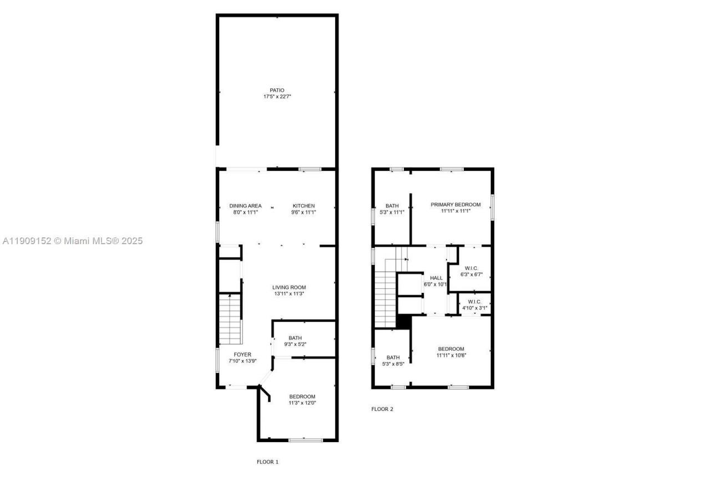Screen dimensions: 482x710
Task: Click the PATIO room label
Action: [x=277, y=90]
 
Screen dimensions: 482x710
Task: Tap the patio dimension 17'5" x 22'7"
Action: [x=277, y=97]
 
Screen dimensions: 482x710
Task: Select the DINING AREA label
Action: [x=245, y=206]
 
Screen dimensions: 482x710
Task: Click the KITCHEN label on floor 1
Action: [x=303, y=206]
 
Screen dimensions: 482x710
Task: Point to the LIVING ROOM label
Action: [x=289, y=287]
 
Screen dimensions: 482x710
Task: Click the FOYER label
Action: [x=242, y=354]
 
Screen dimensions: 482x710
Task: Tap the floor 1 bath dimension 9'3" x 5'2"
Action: [x=295, y=344]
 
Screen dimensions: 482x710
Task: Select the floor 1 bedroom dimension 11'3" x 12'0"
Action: [x=302, y=403]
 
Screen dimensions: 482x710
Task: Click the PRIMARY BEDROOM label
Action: [x=455, y=205]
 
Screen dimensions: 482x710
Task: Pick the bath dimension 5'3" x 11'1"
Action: [x=392, y=212]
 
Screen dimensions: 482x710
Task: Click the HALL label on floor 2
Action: [x=437, y=278]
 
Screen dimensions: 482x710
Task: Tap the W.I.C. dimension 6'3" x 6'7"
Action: [x=471, y=275]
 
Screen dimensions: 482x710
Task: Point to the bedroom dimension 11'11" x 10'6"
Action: [x=451, y=356]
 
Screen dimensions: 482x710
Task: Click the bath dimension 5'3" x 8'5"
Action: [x=393, y=364]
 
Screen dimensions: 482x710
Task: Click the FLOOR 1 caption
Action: [x=267, y=461]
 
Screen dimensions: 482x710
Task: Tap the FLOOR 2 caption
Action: [x=382, y=409]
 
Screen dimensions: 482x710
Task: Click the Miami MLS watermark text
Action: [x=72, y=241]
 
